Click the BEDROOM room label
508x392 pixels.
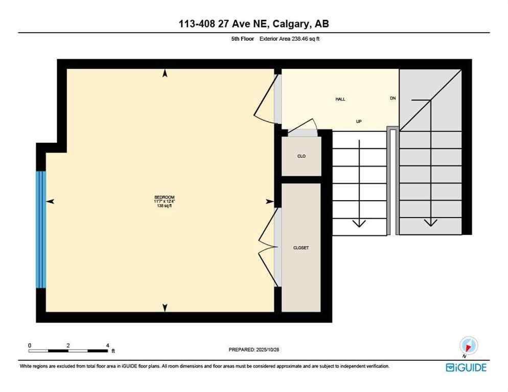tap(165, 198)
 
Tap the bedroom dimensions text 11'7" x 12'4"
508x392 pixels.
tap(165, 202)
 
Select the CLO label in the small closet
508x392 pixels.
tap(302, 156)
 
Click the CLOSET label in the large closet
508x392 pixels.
tap(301, 248)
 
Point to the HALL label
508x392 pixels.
tap(340, 99)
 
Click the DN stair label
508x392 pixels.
tap(392, 98)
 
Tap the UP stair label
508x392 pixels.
tap(359, 121)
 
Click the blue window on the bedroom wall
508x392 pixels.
tap(41, 230)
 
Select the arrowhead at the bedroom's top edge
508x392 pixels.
tap(165, 73)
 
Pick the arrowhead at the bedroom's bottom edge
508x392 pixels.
tap(165, 307)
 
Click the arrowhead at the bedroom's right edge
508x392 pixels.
tap(270, 202)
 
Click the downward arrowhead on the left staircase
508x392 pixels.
tap(360, 223)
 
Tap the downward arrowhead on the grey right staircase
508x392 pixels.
tap(430, 222)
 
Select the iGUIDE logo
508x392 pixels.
tap(466, 367)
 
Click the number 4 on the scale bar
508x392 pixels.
tap(107, 346)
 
